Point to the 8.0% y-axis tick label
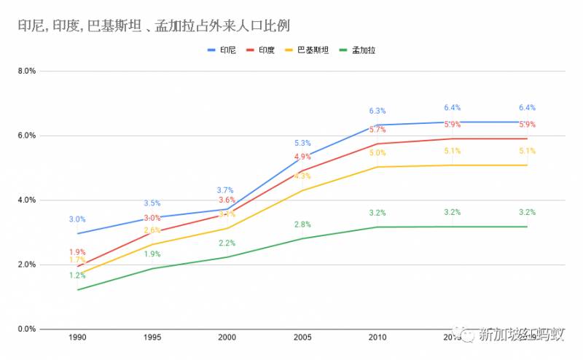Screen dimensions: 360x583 [26, 71]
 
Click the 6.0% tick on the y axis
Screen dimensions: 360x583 [26, 136]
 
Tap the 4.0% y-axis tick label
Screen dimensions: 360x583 [26, 200]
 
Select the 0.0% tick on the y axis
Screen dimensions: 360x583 [26, 329]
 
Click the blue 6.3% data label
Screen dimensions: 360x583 [377, 111]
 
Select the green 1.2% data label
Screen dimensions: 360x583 [77, 275]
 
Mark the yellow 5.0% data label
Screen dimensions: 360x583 [377, 153]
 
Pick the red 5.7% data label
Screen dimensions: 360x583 [377, 130]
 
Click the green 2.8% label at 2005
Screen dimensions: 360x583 [302, 224]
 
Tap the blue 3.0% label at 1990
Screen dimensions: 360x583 [77, 219]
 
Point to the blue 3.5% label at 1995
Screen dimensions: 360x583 [152, 203]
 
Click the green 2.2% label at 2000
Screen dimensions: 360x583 [227, 243]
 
